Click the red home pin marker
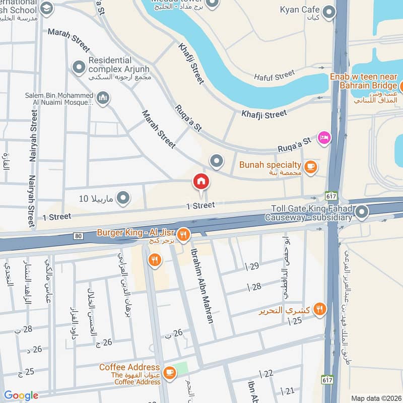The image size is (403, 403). pos(201,181)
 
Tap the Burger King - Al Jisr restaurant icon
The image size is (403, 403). pos(184,234)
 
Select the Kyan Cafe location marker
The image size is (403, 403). pos(329,12)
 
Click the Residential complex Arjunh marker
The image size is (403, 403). pos(78,66)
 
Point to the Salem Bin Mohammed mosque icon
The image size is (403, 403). pos(103,97)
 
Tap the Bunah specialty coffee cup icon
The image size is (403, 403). pos(311,166)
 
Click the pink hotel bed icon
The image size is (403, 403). pos(323,137)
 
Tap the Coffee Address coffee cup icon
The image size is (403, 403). pos(170,372)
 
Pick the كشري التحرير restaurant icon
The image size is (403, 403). pos(318,309)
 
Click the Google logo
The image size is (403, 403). pos(21,395)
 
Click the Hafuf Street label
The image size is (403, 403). pos(275,75)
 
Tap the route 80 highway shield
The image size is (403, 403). pos(78,235)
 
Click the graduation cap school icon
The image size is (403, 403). pos(46,8)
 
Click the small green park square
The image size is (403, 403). pos(181,368)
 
